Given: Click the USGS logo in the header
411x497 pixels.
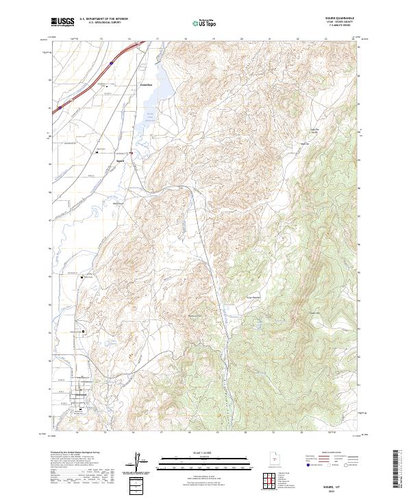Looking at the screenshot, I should click(x=62, y=22).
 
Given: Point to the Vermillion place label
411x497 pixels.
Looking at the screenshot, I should click(x=145, y=84).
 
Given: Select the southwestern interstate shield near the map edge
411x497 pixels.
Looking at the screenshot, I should click(x=60, y=107).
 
